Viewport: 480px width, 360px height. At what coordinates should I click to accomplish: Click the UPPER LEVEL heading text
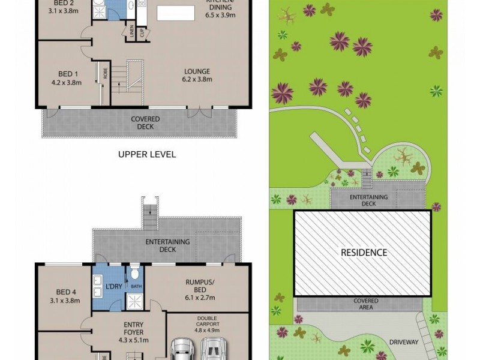point(147,154)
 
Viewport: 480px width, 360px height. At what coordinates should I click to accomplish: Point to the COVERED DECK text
point(145,122)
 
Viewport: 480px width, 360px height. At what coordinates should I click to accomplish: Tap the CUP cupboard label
point(143,32)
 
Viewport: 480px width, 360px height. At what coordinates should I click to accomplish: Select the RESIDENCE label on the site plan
point(364,252)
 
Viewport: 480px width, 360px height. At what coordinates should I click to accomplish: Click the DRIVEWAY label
point(403,342)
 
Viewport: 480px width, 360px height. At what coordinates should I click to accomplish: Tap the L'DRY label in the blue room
point(113,286)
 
